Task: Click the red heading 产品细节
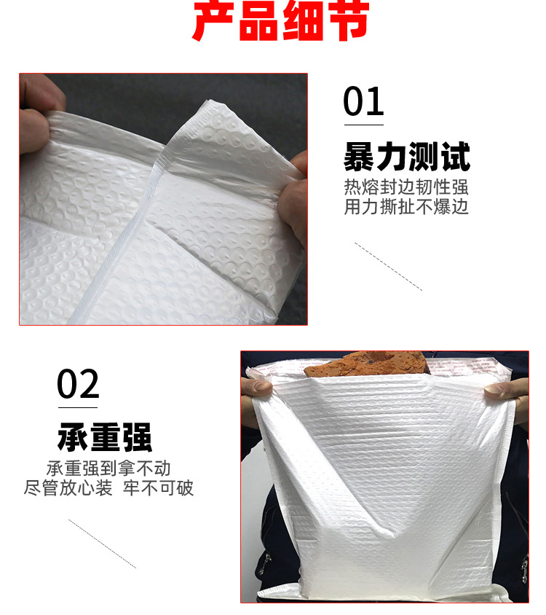(280, 22)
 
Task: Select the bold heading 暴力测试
(406, 157)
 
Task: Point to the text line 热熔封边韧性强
(406, 187)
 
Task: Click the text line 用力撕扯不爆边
(406, 207)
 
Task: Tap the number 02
(78, 383)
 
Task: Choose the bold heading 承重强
(104, 437)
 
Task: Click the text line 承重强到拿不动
(108, 468)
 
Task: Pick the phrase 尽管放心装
(68, 487)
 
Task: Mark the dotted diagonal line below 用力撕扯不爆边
(388, 267)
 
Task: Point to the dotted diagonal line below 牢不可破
(102, 543)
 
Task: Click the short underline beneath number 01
(363, 122)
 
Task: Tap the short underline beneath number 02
(78, 403)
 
